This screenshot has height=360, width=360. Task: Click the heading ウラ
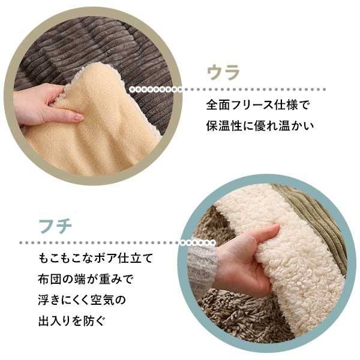point(223,73)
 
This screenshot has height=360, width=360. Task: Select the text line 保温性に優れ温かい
point(260,127)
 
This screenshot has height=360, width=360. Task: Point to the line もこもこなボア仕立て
point(94,259)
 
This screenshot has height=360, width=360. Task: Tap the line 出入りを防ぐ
point(71,319)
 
